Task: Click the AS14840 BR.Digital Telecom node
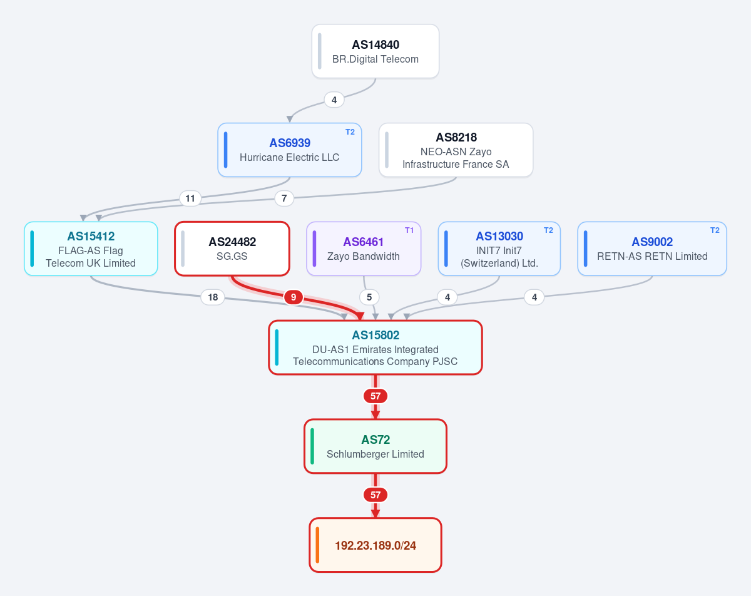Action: [375, 51]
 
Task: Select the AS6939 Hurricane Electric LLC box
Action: [290, 150]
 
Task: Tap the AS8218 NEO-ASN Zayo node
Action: [456, 150]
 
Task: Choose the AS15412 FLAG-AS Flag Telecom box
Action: [91, 249]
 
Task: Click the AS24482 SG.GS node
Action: [232, 249]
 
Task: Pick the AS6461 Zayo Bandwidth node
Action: [364, 249]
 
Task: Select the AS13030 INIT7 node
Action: [499, 249]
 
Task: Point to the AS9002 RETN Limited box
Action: [652, 249]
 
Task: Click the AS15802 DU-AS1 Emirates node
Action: [375, 347]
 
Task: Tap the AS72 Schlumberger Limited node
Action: [375, 446]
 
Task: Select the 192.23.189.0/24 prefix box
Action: [375, 545]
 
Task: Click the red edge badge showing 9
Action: [293, 297]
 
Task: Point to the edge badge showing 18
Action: [213, 297]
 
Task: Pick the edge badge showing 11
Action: [190, 198]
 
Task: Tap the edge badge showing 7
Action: [284, 198]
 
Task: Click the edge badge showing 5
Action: [369, 297]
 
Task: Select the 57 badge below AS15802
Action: [375, 396]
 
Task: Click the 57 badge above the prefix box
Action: [375, 495]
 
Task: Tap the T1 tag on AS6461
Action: [409, 230]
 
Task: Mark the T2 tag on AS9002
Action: [715, 230]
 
